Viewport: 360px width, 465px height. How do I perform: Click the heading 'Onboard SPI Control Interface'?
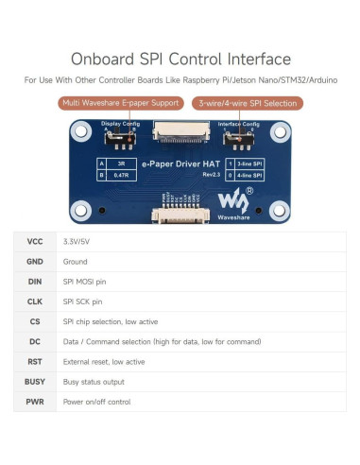[180, 59]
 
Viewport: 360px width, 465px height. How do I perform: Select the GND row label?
[35, 263]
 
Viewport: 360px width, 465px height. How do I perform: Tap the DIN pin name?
[35, 283]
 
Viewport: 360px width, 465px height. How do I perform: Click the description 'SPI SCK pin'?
[82, 302]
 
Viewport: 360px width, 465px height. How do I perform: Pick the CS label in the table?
[35, 322]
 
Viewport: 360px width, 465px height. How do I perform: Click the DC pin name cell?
[35, 342]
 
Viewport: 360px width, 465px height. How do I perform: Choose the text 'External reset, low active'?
[104, 362]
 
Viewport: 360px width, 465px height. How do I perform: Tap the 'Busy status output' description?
[94, 382]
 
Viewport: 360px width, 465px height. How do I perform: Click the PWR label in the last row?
[35, 402]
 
